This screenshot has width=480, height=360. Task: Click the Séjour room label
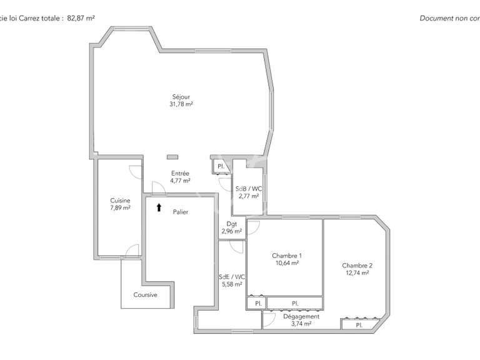click(181, 97)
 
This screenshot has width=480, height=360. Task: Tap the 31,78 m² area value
click(181, 104)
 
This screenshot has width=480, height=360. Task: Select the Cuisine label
click(120, 200)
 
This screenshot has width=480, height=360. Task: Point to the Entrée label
click(180, 173)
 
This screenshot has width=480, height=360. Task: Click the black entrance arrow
click(159, 207)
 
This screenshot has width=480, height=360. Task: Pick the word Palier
click(181, 212)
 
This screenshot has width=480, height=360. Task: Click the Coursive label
click(145, 294)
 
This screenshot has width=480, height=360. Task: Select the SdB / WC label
click(247, 189)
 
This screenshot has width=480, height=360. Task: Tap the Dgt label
click(232, 224)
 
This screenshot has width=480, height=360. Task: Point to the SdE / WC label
click(232, 276)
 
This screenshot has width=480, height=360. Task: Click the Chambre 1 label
click(287, 256)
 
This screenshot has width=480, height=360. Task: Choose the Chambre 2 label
click(357, 264)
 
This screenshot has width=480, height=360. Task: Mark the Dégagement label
click(301, 316)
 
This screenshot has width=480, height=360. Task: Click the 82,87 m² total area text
click(81, 18)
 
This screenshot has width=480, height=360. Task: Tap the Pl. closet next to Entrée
click(221, 166)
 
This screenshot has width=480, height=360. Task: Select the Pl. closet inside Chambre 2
click(359, 325)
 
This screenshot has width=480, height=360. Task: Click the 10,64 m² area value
click(287, 263)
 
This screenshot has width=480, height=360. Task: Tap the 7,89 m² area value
click(120, 207)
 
